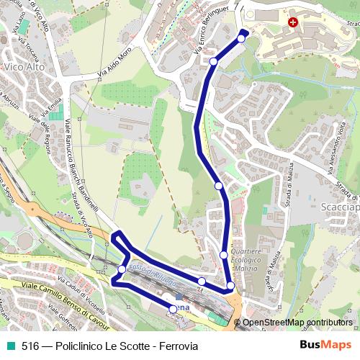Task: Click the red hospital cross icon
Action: coord(292,23)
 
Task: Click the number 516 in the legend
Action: coord(30,346)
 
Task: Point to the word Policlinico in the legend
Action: coord(87,346)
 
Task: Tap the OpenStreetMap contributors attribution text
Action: coord(297,322)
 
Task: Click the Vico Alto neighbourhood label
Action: coord(24,67)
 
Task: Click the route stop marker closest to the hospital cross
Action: coord(241,38)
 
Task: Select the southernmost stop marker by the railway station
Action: coord(172,308)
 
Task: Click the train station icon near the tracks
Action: coord(179,296)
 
